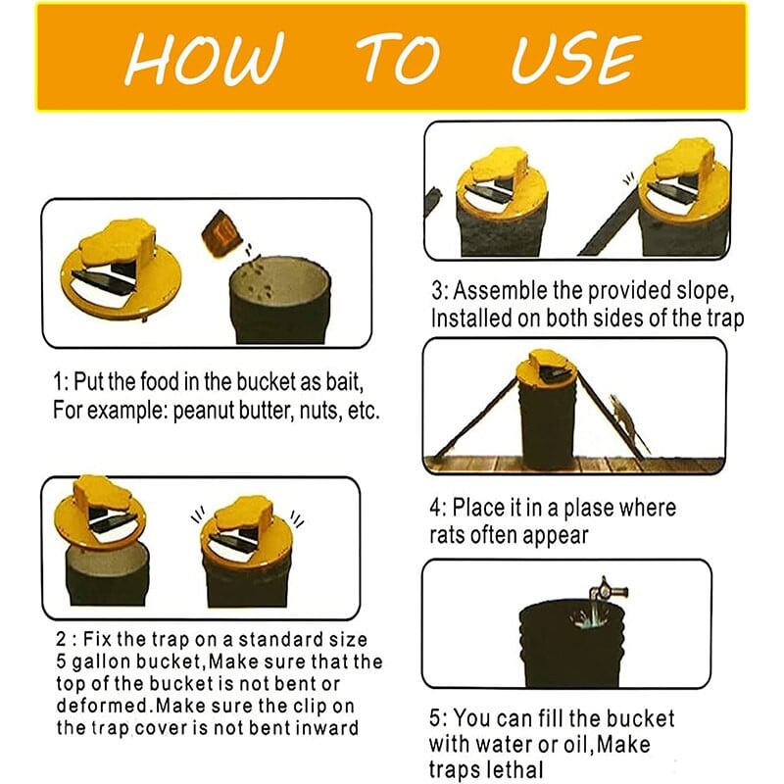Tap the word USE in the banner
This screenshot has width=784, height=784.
[576, 59]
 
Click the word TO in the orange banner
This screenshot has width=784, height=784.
[399, 58]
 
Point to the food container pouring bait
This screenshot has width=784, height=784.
[219, 233]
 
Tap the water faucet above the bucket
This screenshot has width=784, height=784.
[607, 589]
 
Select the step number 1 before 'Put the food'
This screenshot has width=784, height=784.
[59, 382]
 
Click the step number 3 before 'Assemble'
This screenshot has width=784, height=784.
[437, 290]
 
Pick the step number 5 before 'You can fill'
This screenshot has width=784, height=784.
[435, 718]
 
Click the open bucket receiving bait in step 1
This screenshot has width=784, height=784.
[280, 300]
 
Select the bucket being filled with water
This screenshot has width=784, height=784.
[571, 644]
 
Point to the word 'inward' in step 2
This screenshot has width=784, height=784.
[327, 727]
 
